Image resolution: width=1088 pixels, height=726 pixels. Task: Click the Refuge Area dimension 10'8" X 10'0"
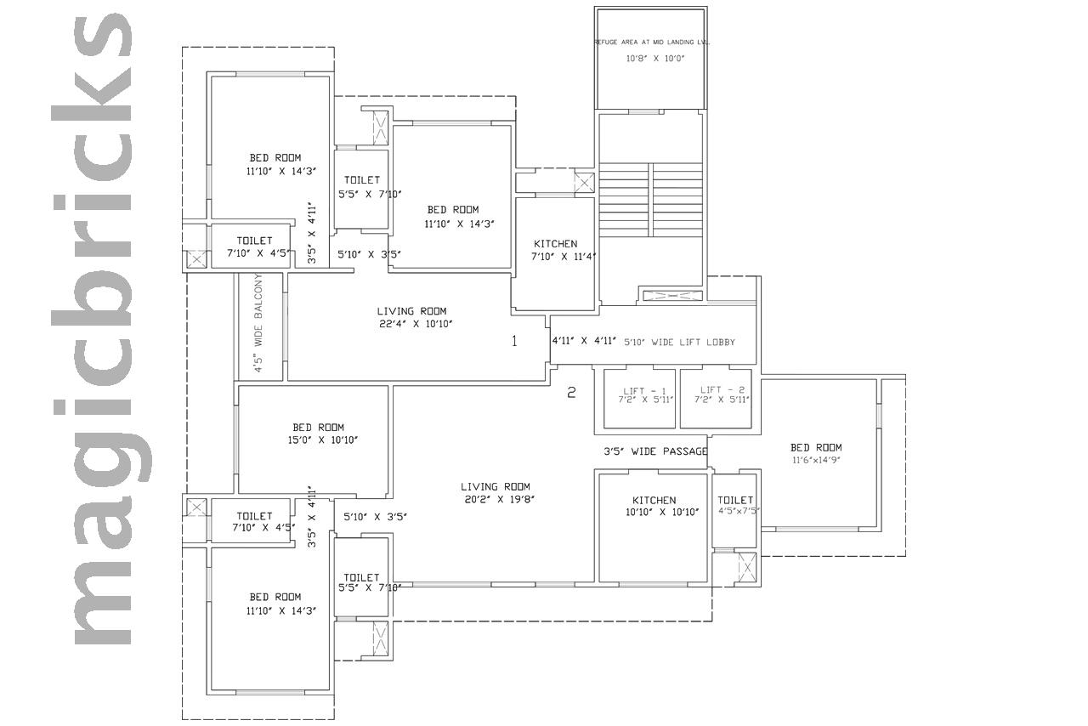654,59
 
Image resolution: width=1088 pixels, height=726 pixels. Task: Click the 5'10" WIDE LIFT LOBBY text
679,342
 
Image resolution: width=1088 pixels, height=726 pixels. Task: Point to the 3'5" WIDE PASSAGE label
655,451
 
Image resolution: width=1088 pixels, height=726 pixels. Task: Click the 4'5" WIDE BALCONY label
258,323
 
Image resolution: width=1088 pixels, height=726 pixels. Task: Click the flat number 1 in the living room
514,341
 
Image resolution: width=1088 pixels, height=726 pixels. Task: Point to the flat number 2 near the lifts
571,392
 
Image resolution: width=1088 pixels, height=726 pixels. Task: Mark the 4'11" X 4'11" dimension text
584,341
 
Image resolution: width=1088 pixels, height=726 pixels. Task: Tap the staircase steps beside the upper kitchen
651,200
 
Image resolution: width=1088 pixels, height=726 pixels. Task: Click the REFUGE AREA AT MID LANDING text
652,43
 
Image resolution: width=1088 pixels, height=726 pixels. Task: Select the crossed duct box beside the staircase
584,184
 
